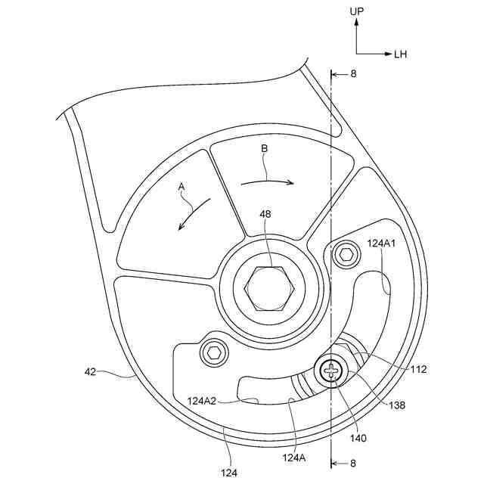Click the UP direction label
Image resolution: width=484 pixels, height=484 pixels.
pyautogui.click(x=358, y=11)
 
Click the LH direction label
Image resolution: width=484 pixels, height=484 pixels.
pyautogui.click(x=401, y=54)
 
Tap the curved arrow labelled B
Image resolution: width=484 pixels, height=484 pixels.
pyautogui.click(x=266, y=181)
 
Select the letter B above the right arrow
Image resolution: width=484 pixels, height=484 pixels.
pyautogui.click(x=264, y=150)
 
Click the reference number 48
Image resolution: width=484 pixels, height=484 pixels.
pyautogui.click(x=266, y=215)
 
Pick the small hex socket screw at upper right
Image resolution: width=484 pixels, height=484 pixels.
pyautogui.click(x=346, y=254)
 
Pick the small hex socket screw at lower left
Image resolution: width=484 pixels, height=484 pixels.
pyautogui.click(x=214, y=351)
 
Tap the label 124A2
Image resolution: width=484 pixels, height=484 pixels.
pyautogui.click(x=203, y=401)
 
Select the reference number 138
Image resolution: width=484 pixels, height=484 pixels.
pyautogui.click(x=396, y=405)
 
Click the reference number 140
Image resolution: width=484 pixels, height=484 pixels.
pyautogui.click(x=337, y=437)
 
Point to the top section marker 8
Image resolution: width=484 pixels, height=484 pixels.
pyautogui.click(x=352, y=74)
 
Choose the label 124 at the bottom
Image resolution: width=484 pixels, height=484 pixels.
pyautogui.click(x=230, y=472)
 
